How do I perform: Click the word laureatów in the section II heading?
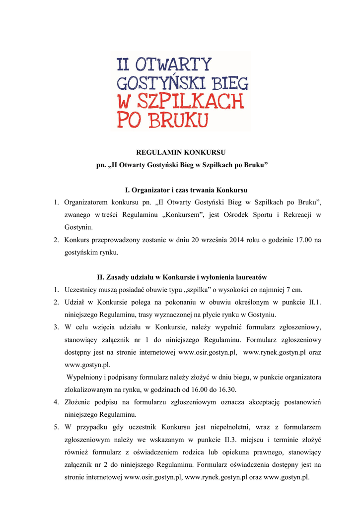(251, 277)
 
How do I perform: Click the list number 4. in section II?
(56, 402)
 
